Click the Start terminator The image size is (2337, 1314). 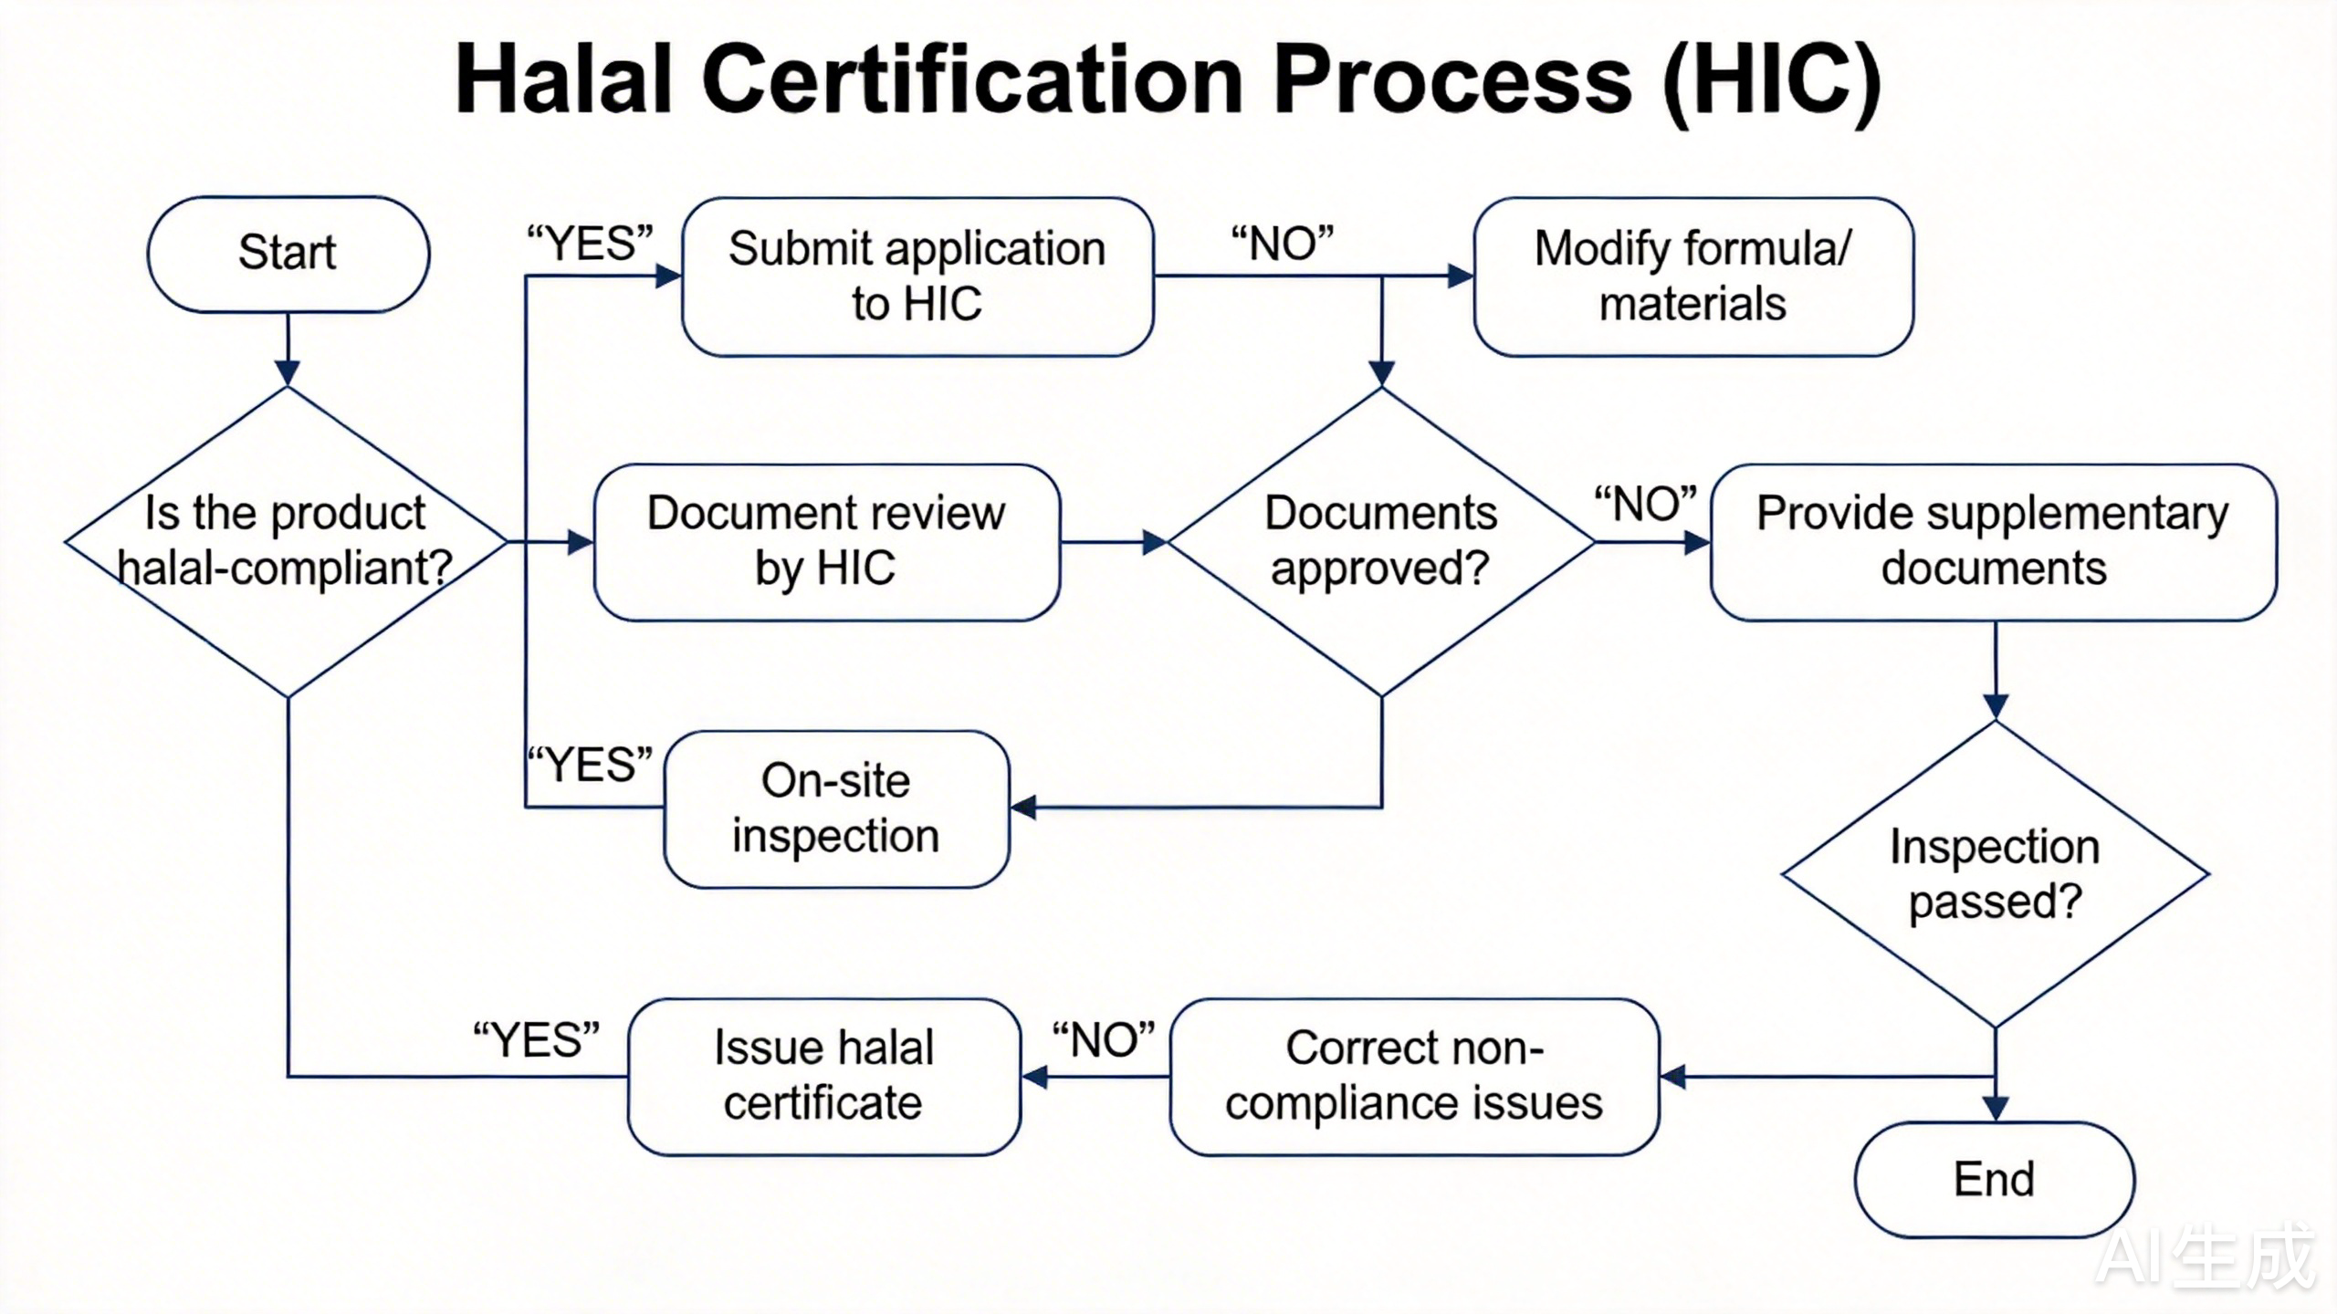(288, 254)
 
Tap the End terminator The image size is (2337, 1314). (1994, 1179)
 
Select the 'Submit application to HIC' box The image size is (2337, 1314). (917, 276)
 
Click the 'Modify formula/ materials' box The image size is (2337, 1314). (1692, 276)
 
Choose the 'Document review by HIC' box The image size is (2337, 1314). (826, 542)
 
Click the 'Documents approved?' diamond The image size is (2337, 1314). (1380, 542)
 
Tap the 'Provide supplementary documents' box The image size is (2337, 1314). (1993, 542)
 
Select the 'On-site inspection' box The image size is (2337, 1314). (836, 808)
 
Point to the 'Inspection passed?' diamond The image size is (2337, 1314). (1995, 874)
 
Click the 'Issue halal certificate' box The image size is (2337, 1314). (823, 1076)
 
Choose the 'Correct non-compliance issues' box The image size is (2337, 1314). (1413, 1076)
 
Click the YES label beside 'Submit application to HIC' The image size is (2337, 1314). (590, 244)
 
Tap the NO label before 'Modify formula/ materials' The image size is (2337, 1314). (1282, 244)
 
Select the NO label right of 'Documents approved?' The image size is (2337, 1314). (1645, 504)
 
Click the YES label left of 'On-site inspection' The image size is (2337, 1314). (591, 765)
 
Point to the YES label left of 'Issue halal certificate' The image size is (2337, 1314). (536, 1040)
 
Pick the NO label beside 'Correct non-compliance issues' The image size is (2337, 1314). (1103, 1040)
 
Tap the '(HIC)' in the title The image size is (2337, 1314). (1771, 80)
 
